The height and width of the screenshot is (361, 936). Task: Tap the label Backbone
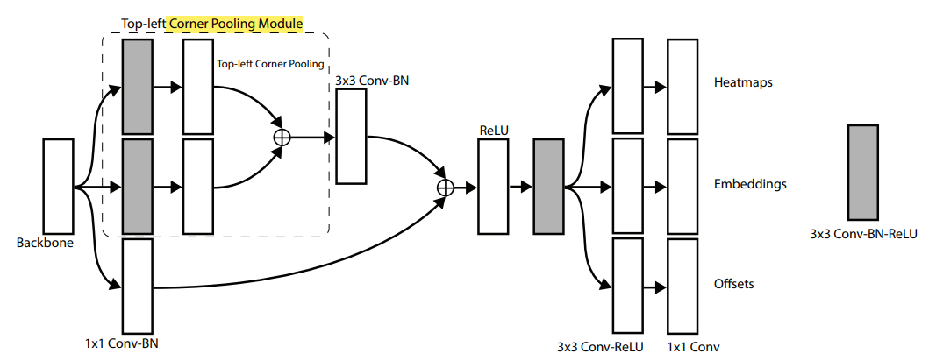point(45,243)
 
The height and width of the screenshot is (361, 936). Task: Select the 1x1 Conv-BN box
point(138,286)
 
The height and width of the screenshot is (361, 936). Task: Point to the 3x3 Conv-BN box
point(351,136)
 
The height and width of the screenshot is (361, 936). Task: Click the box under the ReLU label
point(493,186)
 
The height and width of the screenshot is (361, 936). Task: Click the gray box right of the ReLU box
point(548,186)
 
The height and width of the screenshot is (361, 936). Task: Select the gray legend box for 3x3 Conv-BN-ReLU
point(863,172)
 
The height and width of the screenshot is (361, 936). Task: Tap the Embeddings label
point(750,184)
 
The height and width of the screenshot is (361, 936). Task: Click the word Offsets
point(734,284)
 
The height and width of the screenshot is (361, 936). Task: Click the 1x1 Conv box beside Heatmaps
point(682,86)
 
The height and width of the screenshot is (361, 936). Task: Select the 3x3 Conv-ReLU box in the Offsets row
point(627,286)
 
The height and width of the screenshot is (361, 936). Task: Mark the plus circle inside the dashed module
point(282,137)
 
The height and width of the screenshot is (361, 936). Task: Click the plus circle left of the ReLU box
point(445,186)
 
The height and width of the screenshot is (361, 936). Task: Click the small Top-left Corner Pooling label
point(270,65)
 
